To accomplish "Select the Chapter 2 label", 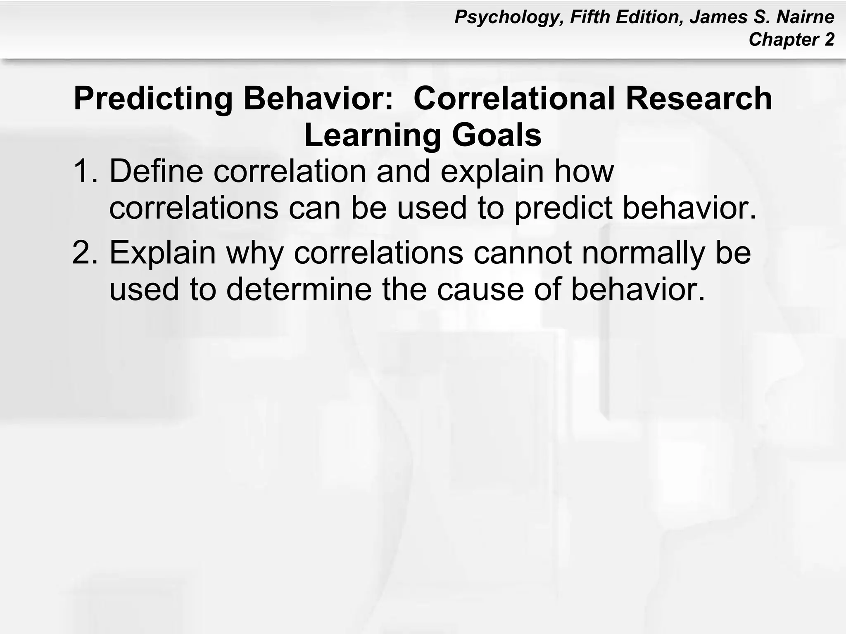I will point(791,40).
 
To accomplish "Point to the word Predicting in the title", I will point(153,99).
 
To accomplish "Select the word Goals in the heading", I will point(497,135).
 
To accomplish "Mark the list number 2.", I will point(85,253).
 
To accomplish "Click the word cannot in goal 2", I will point(523,253).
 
